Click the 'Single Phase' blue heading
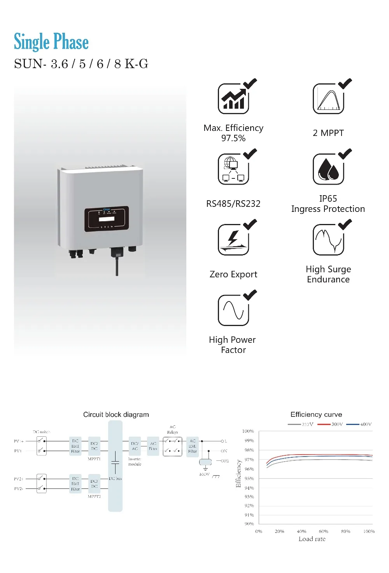pos(51,42)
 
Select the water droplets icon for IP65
pos(328,169)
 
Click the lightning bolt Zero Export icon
pos(233,239)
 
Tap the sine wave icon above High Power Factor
pos(233,310)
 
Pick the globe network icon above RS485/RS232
pos(233,169)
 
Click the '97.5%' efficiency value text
pos(233,138)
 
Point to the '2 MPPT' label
pos(328,133)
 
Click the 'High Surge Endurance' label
pos(328,274)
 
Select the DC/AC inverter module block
pos(135,446)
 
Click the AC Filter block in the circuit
pos(153,446)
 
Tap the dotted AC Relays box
pos(173,446)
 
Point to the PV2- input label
pos(19,488)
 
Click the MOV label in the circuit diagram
pos(205,474)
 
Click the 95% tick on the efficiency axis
pos(249,478)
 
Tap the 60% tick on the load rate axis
pos(323,531)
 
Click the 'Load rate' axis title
pos(312,539)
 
